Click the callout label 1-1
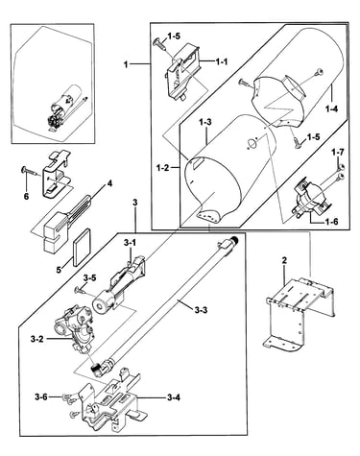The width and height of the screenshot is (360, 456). click(x=221, y=61)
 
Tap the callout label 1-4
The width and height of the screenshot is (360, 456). click(x=331, y=109)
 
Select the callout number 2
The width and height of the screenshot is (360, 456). click(x=284, y=261)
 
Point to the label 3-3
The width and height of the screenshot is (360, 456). click(x=201, y=310)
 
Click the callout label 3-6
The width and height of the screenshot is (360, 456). click(x=41, y=397)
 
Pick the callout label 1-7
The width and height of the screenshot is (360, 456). click(x=338, y=153)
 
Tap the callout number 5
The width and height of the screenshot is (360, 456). click(x=59, y=270)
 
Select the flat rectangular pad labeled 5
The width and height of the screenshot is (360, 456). click(x=83, y=247)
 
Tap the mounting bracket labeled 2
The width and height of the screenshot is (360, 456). click(x=300, y=313)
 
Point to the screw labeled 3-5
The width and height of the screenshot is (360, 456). click(x=81, y=291)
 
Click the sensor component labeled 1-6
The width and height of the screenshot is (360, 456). click(x=310, y=200)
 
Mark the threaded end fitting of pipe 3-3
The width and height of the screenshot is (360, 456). click(x=235, y=240)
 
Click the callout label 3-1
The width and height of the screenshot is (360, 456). click(x=130, y=243)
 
